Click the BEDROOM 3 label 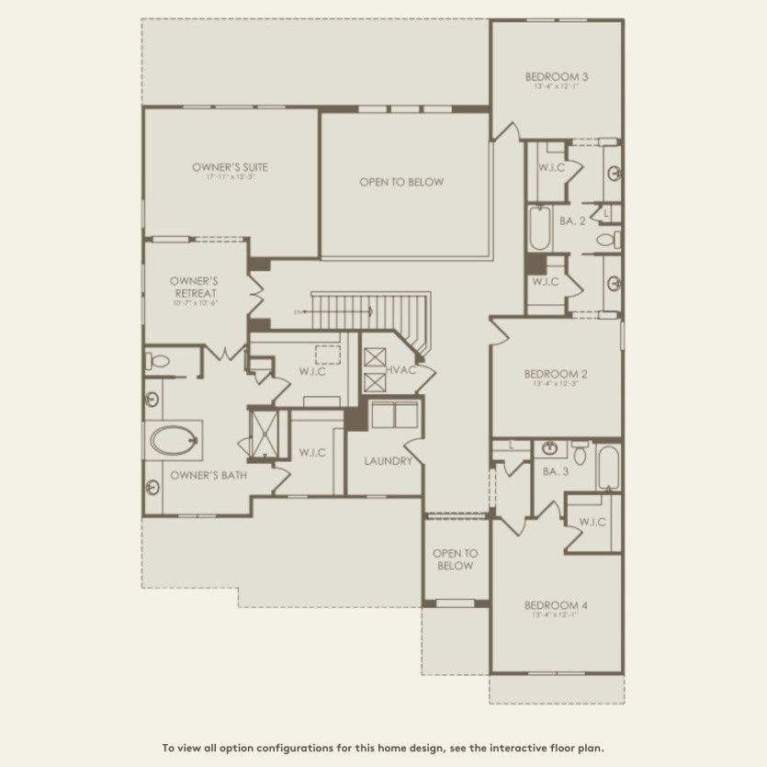pos(557,76)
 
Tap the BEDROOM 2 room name pos(556,374)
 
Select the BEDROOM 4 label pos(556,605)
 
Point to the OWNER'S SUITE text pos(230,167)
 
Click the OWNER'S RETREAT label pos(193,287)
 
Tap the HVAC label pos(401,369)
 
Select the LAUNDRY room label pos(387,461)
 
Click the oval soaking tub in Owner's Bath pos(174,440)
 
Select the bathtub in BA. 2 pos(538,229)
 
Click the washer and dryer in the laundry pos(394,414)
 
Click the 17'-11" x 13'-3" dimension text pos(230,177)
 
